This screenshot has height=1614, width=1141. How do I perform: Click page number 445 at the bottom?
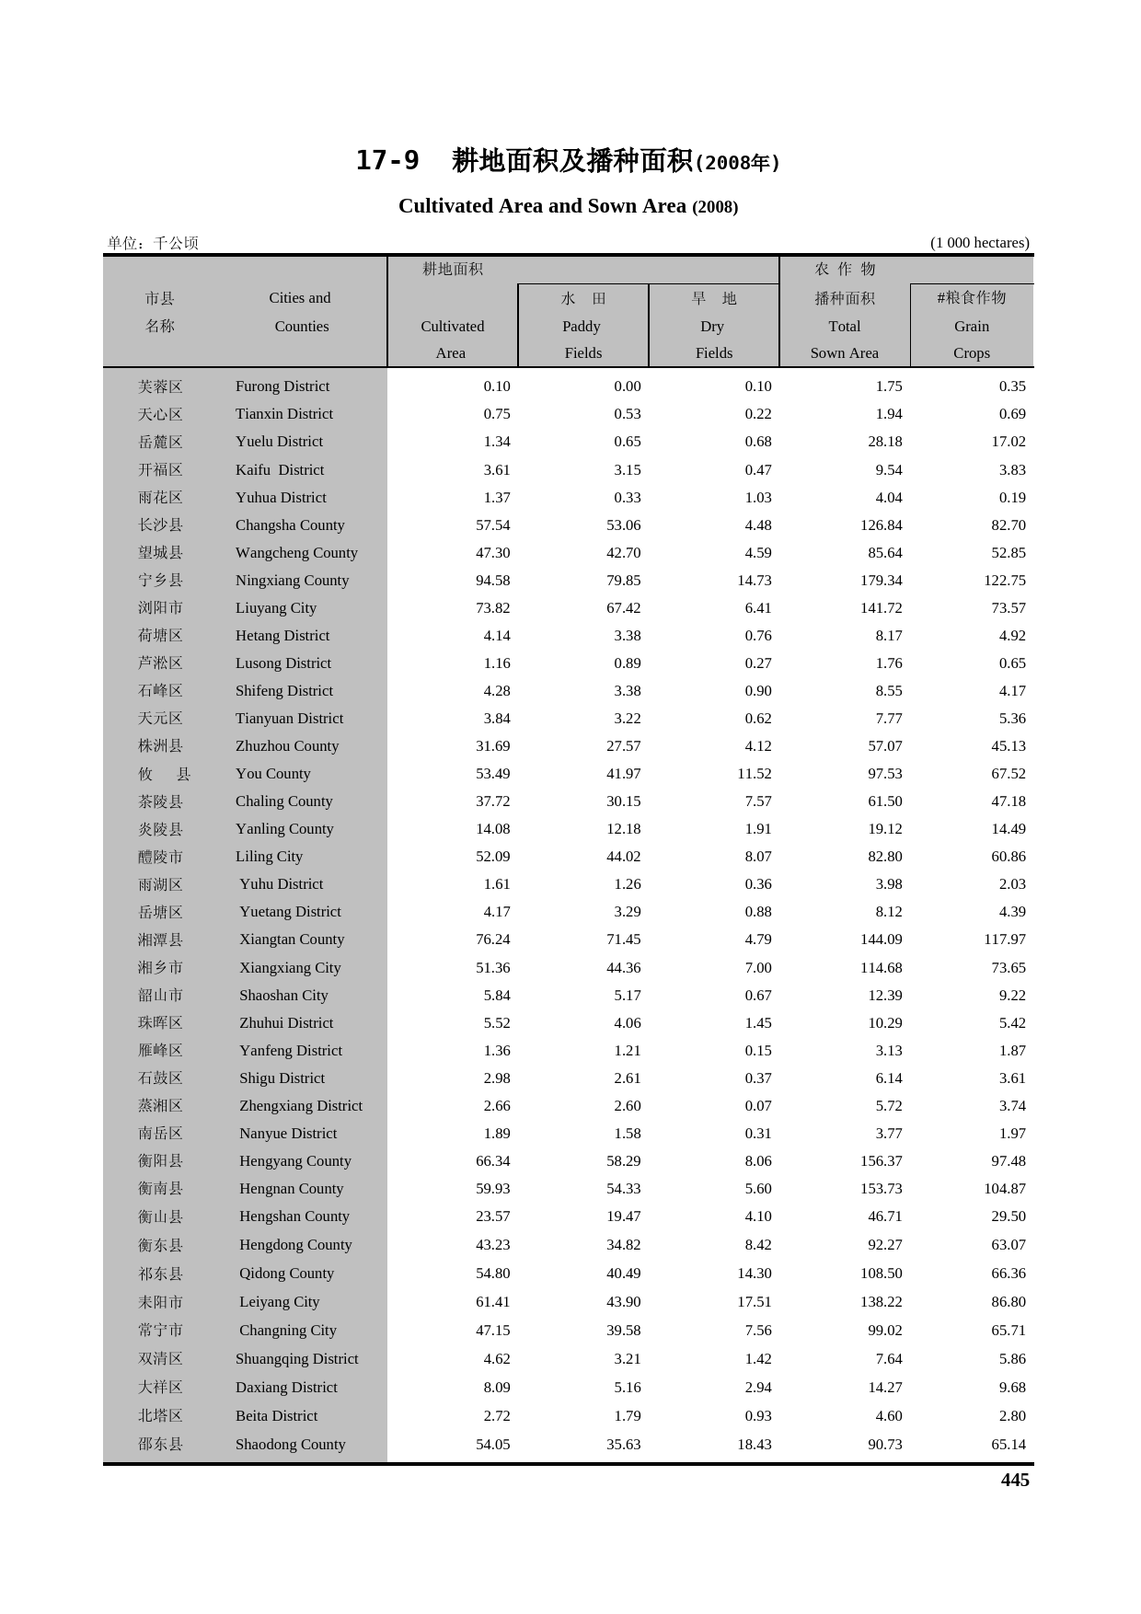1014,1481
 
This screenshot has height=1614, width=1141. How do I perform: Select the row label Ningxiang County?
292,581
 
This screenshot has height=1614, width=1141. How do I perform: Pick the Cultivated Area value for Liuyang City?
492,608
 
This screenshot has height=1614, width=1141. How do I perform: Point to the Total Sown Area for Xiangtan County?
881,940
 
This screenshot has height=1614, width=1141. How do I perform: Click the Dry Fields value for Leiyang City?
754,1302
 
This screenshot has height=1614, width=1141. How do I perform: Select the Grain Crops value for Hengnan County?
1004,1189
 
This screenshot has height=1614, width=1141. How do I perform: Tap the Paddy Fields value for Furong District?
627,386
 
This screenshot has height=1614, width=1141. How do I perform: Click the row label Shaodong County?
290,1445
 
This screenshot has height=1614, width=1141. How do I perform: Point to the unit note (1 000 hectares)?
979,243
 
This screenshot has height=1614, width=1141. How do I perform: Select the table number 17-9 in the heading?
387,161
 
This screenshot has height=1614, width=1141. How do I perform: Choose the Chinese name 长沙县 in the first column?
160,525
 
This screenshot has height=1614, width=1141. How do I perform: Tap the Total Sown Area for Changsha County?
881,525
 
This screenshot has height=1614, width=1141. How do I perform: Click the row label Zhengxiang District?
300,1106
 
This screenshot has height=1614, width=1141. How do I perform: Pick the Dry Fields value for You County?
754,774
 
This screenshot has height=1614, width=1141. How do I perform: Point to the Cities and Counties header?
300,312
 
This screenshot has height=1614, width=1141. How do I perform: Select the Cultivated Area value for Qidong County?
492,1274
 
